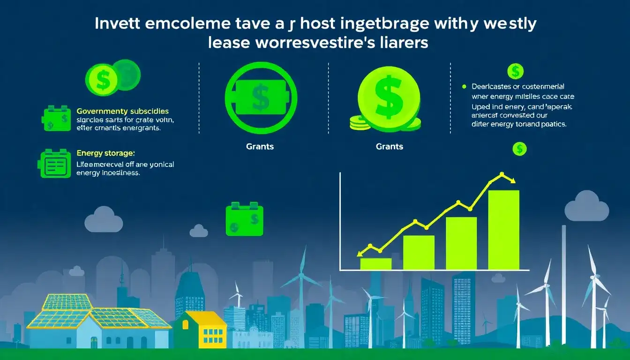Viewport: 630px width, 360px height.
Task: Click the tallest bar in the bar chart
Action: tap(503, 230)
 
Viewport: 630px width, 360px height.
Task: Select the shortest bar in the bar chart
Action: tap(375, 264)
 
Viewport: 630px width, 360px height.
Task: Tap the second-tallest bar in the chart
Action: tap(461, 243)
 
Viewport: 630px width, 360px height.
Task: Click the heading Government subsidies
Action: tap(122, 111)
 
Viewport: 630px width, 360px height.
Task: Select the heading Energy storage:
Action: tap(105, 153)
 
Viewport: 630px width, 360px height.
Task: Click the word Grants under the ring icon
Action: tap(260, 147)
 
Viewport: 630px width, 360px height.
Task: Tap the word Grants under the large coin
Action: tap(390, 147)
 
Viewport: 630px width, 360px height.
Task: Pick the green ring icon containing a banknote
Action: tap(261, 94)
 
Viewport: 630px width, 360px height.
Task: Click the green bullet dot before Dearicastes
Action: tap(464, 87)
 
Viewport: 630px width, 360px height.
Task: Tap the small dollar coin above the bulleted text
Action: tap(516, 71)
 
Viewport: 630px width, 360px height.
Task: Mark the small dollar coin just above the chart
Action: tap(519, 149)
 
